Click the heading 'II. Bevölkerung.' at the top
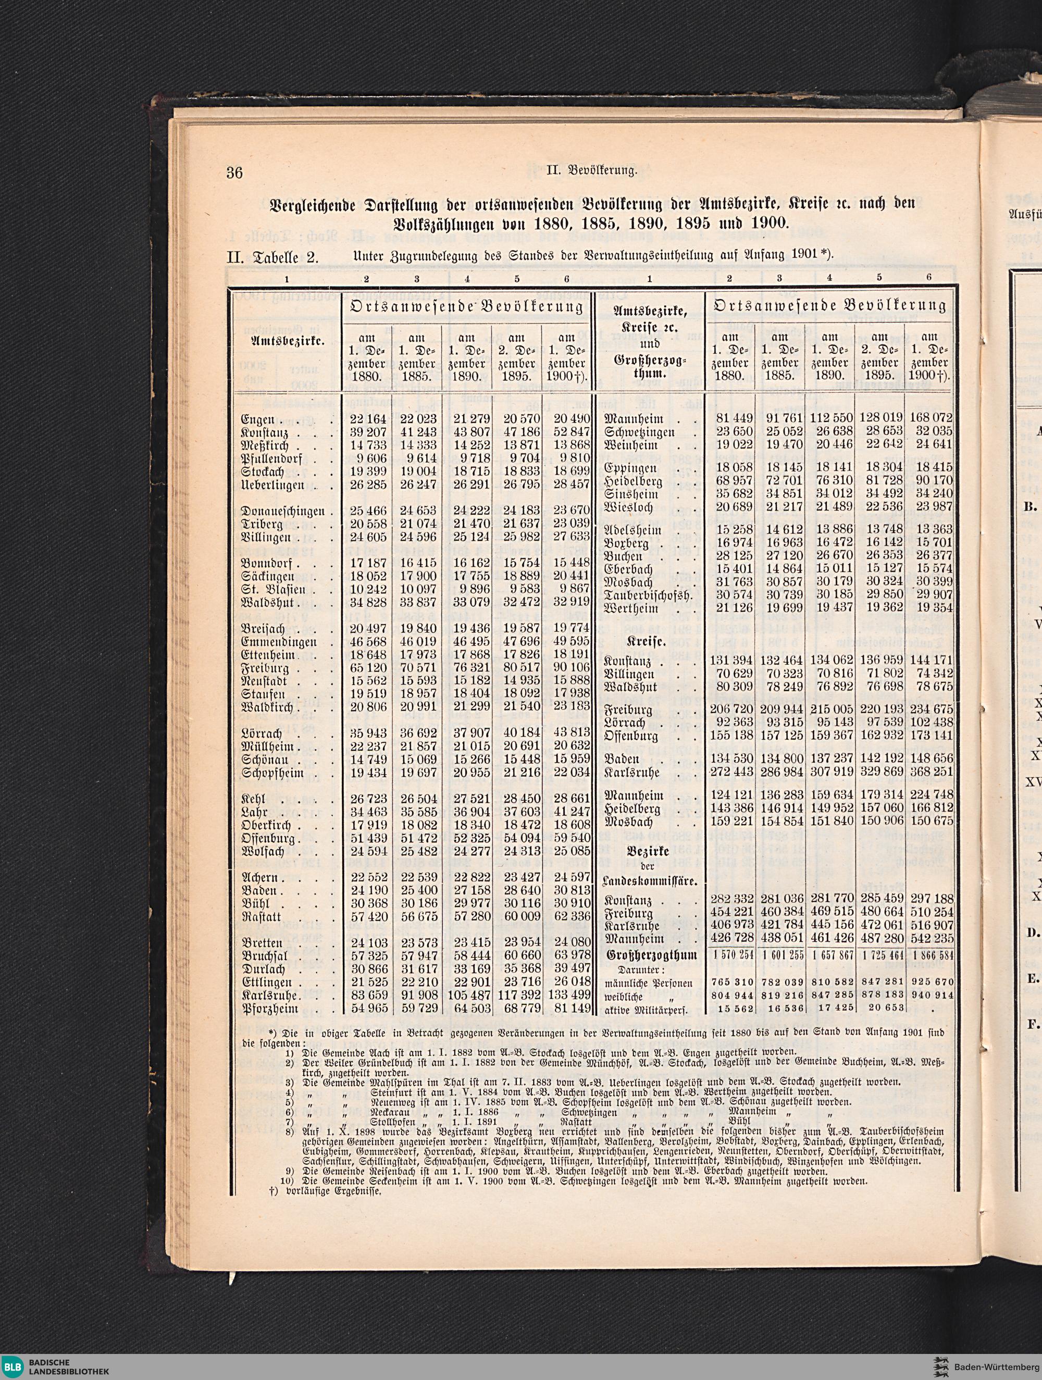[x=591, y=171]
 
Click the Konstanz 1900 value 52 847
[x=566, y=432]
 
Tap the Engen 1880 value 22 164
[x=366, y=419]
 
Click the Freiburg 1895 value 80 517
[x=517, y=667]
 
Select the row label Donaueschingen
[x=283, y=511]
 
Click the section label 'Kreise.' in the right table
[x=648, y=641]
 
